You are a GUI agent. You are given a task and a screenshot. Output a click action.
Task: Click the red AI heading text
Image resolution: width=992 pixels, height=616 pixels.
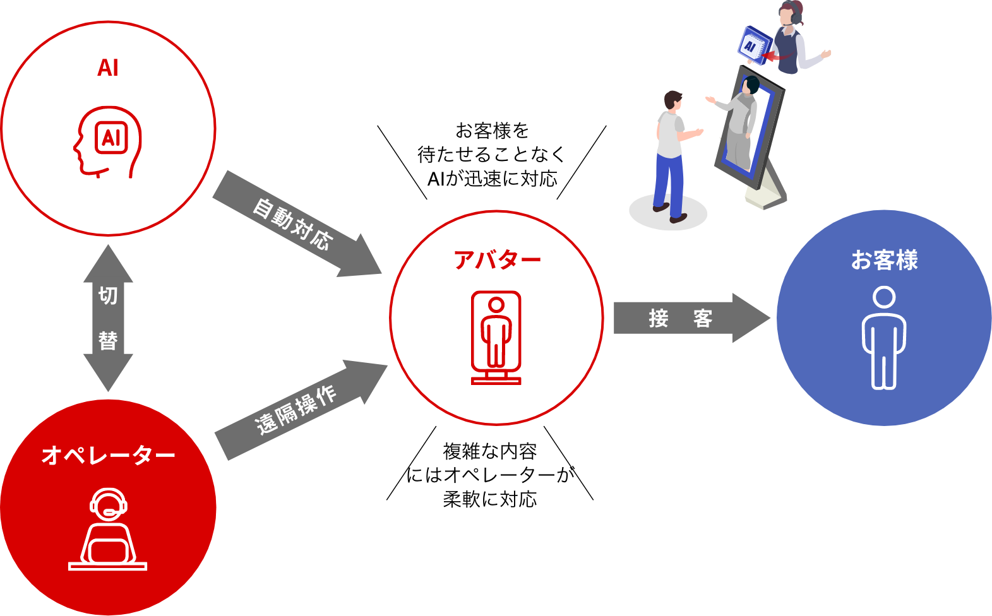click(x=108, y=68)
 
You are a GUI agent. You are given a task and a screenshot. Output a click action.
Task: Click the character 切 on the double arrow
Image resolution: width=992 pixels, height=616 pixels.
click(x=108, y=295)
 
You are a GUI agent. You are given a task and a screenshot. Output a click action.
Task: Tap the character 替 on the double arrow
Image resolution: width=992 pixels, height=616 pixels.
click(x=108, y=341)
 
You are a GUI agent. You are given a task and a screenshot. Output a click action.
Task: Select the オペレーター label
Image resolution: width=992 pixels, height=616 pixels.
click(x=108, y=455)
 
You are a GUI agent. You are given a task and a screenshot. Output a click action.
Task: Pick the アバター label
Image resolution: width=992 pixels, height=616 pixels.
click(x=497, y=259)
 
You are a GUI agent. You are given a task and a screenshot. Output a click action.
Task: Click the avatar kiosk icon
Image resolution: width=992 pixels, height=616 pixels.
click(x=496, y=337)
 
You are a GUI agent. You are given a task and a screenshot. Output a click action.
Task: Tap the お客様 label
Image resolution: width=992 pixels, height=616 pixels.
click(x=884, y=260)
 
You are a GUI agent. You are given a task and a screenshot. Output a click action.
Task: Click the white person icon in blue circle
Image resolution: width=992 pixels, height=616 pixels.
click(x=884, y=338)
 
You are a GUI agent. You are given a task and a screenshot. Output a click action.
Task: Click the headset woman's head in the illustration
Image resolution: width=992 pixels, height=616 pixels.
click(x=791, y=13)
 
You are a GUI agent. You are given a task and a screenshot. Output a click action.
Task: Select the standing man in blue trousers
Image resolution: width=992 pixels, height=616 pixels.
click(x=671, y=158)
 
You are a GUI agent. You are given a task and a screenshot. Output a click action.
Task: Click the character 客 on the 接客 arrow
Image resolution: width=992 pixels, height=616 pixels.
click(x=703, y=318)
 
